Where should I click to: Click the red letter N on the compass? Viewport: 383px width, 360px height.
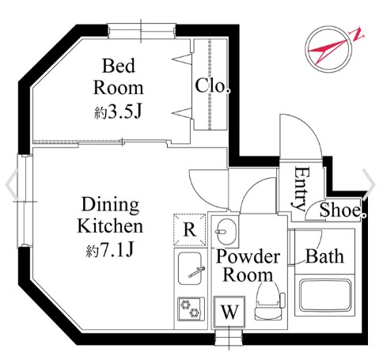coord(357,34)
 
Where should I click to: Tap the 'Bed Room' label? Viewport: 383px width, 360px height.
coord(119,77)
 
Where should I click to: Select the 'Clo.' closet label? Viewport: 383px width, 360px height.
coord(212,85)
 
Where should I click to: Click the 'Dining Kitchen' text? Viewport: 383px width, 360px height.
coord(110,215)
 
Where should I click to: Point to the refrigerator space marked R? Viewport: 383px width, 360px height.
coord(189,229)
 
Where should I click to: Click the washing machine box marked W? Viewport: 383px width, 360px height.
coord(229,312)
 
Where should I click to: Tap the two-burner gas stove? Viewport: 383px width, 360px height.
coord(191,309)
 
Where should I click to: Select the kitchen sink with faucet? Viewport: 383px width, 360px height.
coord(190,268)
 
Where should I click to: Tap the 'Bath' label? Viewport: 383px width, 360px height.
coord(324,256)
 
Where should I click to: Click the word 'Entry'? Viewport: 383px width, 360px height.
coord(301,188)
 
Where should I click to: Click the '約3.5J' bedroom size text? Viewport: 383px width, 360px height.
coord(118,112)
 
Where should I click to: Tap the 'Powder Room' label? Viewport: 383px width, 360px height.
coord(248,265)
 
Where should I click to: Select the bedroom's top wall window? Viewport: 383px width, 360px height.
coord(142,31)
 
